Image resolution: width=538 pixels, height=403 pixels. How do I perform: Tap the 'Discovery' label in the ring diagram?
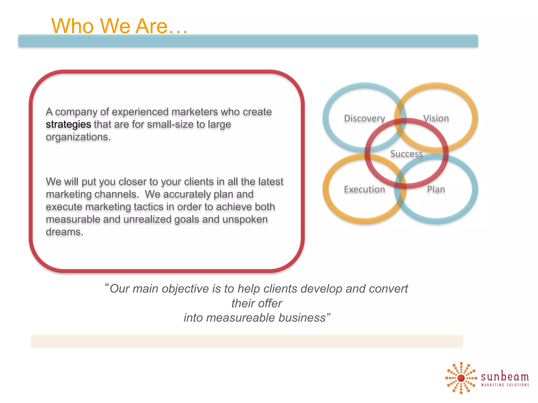[x=364, y=118]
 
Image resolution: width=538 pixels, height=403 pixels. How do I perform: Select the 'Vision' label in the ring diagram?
[x=436, y=118]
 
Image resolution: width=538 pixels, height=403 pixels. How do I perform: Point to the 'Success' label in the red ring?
[x=406, y=153]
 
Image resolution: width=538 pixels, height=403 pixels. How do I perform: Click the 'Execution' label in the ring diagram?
[x=364, y=189]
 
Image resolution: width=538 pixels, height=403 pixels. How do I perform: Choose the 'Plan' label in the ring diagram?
[x=436, y=189]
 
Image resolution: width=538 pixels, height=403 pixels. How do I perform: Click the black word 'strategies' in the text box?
[x=68, y=124]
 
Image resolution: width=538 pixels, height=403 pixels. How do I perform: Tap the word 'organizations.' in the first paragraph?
[x=78, y=137]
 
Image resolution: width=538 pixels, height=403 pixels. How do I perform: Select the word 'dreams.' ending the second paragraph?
[x=65, y=232]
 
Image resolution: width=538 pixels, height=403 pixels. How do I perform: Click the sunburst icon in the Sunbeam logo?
[x=461, y=378]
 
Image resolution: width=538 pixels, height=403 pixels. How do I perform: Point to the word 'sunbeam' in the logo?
[x=505, y=377]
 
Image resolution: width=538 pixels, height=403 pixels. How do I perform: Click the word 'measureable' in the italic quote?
[x=241, y=318]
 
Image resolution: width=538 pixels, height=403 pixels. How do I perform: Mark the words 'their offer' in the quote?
[x=257, y=303]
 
